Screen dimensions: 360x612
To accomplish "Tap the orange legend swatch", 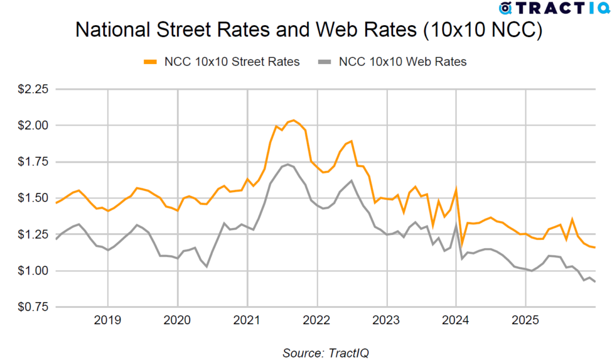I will [x=150, y=62].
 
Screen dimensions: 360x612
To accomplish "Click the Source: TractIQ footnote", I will [x=326, y=352].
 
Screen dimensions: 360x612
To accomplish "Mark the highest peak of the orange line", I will [x=293, y=120].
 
